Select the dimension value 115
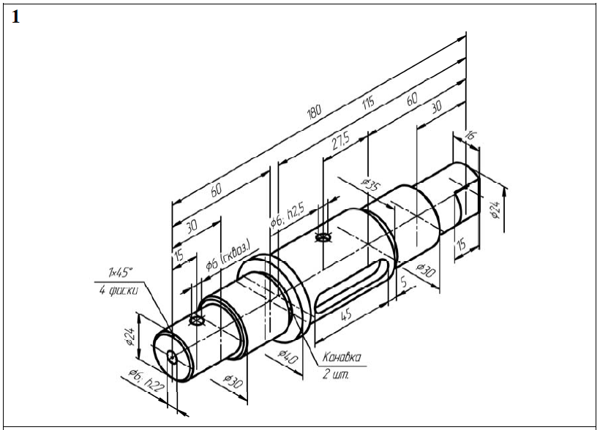tap(368, 103)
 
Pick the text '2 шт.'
tap(337, 376)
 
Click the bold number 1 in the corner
tap(15, 17)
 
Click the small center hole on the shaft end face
tap(171, 356)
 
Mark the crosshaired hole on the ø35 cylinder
tap(323, 238)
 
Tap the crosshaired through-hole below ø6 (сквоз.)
tap(196, 320)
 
